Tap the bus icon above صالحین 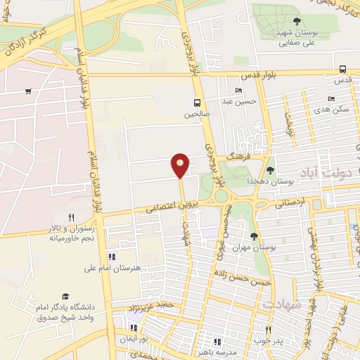pyautogui.click(x=197, y=101)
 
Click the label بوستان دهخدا pyautogui.click(x=251, y=181)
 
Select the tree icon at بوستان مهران pyautogui.click(x=254, y=236)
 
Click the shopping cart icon pyautogui.click(x=27, y=91)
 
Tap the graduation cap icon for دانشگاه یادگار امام pyautogui.click(x=65, y=297)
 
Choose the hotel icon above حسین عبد pyautogui.click(x=238, y=91)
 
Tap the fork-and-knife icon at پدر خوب pyautogui.click(x=267, y=330)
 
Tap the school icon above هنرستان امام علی pyautogui.click(x=110, y=256)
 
